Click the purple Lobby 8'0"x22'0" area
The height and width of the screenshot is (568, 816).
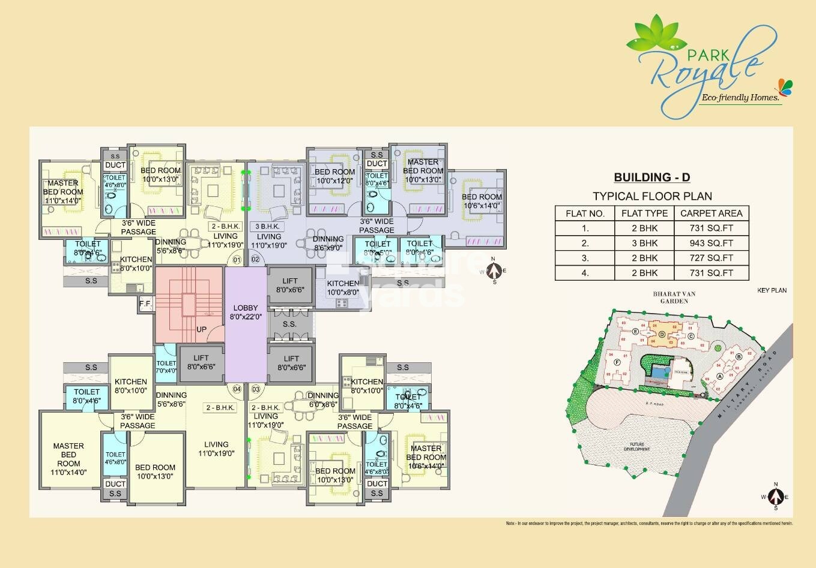click(x=245, y=324)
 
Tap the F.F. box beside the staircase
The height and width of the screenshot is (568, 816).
click(x=145, y=303)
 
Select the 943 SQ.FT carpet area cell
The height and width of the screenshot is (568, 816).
click(x=711, y=244)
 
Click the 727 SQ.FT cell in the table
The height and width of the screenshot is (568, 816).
click(x=711, y=259)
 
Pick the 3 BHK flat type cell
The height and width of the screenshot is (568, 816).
click(x=644, y=244)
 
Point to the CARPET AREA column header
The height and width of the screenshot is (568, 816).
click(x=711, y=213)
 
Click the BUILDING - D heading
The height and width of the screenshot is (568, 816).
click(x=651, y=177)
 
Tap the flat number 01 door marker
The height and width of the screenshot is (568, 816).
click(x=237, y=260)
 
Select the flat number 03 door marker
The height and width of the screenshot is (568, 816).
click(x=256, y=389)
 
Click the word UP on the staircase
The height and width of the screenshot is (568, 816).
click(x=202, y=330)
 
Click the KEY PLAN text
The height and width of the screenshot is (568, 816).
click(x=772, y=290)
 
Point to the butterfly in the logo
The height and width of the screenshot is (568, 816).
click(x=785, y=86)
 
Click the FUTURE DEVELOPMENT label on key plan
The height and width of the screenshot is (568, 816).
click(x=636, y=447)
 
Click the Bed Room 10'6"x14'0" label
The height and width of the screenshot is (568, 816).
click(x=482, y=201)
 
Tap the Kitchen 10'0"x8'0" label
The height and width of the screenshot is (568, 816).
click(x=343, y=288)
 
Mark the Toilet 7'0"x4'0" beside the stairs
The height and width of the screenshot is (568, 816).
click(x=166, y=366)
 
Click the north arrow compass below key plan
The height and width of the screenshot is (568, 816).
click(x=775, y=496)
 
